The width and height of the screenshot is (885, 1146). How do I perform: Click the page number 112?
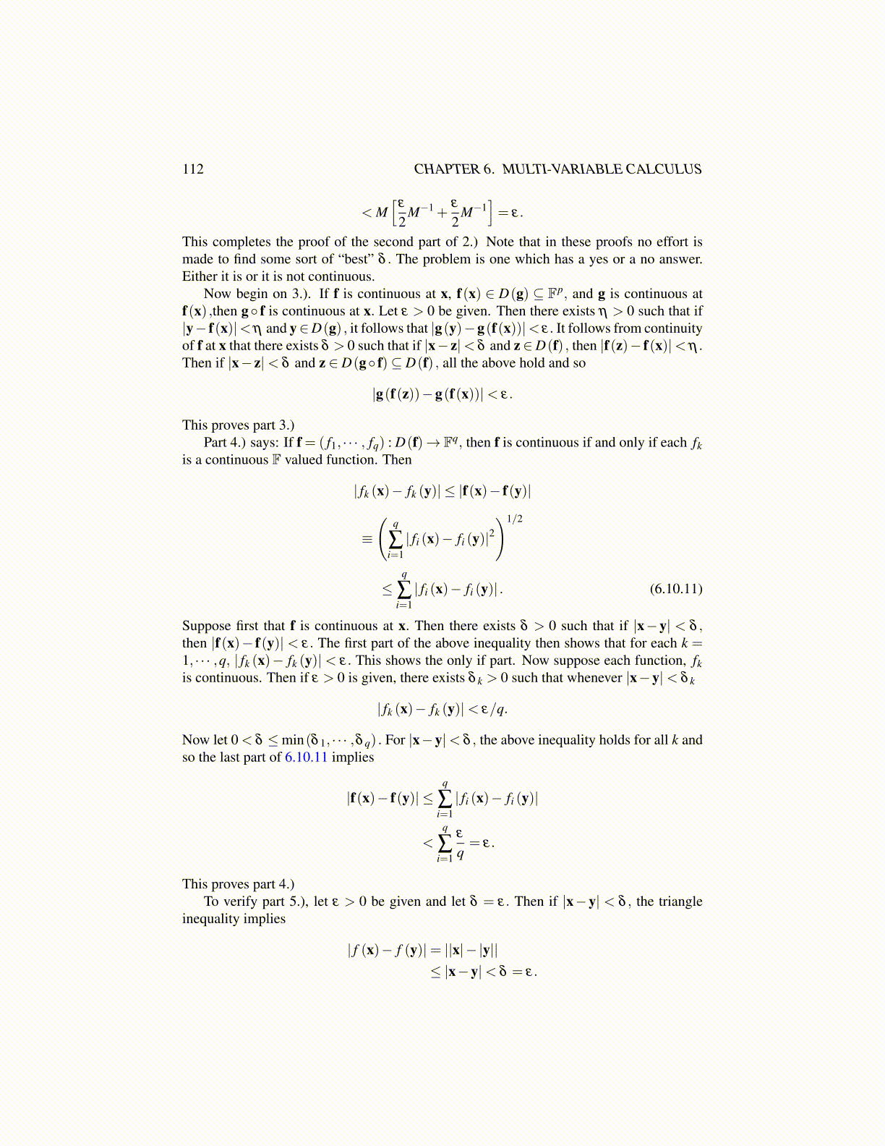pyautogui.click(x=193, y=169)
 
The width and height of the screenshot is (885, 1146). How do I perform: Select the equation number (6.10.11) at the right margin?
pyautogui.click(x=676, y=588)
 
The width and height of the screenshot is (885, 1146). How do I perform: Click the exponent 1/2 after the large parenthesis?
pyautogui.click(x=514, y=519)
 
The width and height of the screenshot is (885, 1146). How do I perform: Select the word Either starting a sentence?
pyautogui.click(x=200, y=276)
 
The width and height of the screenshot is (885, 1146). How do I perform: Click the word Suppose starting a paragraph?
pyautogui.click(x=207, y=626)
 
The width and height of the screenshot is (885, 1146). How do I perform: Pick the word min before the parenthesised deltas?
pyautogui.click(x=292, y=740)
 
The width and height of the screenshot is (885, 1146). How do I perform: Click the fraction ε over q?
pyautogui.click(x=460, y=844)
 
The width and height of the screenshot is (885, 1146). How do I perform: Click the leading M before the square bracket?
pyautogui.click(x=382, y=213)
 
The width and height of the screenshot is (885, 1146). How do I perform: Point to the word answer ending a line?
pyautogui.click(x=682, y=259)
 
